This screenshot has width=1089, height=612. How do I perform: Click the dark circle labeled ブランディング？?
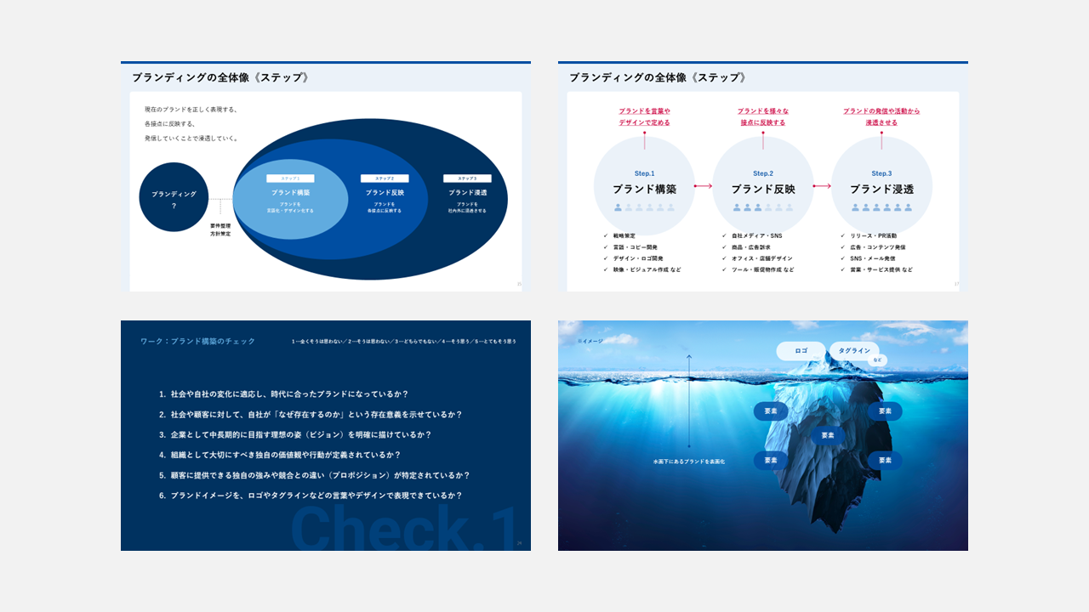tap(174, 197)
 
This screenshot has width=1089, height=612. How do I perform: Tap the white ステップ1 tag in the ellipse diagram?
tap(290, 178)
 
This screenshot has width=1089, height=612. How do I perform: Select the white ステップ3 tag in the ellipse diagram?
tap(467, 178)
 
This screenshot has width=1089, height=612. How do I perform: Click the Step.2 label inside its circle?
tap(763, 173)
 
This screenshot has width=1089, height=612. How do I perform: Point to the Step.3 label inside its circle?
tap(881, 173)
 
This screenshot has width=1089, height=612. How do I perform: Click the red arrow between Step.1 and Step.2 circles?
tap(704, 185)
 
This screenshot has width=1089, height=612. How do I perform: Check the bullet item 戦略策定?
tap(624, 235)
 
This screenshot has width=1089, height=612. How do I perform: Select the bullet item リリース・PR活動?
tap(873, 235)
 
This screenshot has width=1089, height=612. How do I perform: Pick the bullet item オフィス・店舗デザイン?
tap(761, 258)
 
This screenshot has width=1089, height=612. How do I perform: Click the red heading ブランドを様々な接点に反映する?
tap(762, 116)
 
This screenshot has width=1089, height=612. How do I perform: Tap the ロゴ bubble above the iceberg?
tap(801, 350)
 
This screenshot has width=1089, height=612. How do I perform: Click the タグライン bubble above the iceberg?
tap(854, 350)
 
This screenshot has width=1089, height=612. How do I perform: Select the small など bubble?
tap(878, 360)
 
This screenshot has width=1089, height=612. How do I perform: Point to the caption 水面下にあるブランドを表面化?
tap(688, 462)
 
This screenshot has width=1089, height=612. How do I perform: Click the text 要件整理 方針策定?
tap(220, 229)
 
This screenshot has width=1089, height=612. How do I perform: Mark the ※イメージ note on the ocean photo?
tap(590, 341)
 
